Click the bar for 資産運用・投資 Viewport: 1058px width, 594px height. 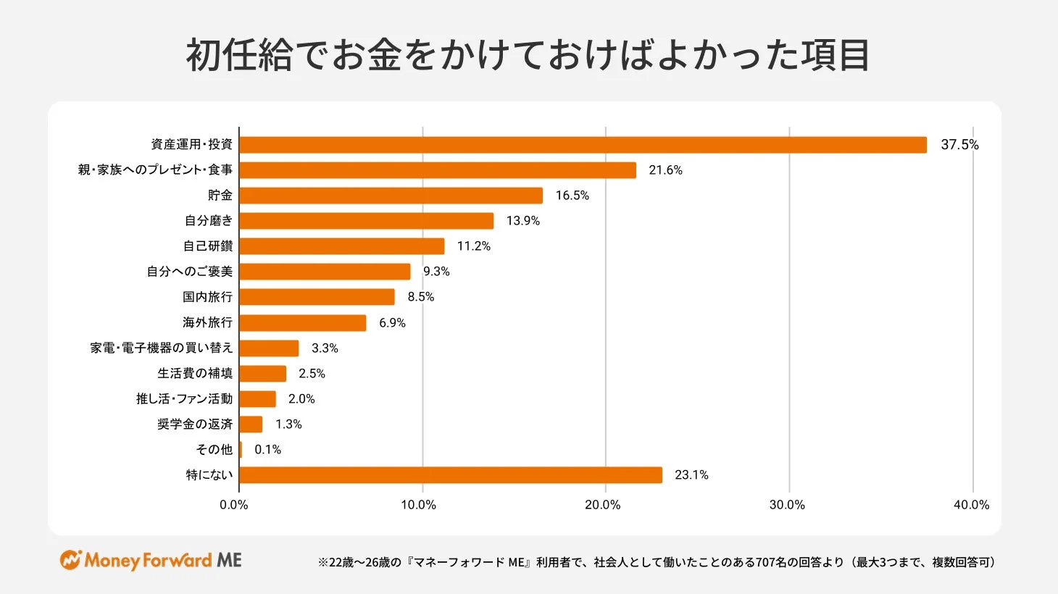pyautogui.click(x=583, y=145)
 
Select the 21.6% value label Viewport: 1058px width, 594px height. pyautogui.click(x=665, y=170)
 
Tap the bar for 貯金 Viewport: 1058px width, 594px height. pyautogui.click(x=391, y=196)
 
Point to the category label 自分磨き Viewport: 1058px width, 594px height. pyautogui.click(x=209, y=221)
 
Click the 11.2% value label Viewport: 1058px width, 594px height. pyautogui.click(x=473, y=246)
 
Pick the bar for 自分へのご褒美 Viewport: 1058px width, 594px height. pyautogui.click(x=325, y=272)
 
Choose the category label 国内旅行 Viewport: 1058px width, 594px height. pyautogui.click(x=207, y=297)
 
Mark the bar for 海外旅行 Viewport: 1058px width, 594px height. pyautogui.click(x=302, y=322)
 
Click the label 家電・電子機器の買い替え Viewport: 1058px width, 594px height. pyautogui.click(x=162, y=348)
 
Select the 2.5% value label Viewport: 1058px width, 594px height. pyautogui.click(x=312, y=374)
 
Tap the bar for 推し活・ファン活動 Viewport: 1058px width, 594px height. pyautogui.click(x=257, y=399)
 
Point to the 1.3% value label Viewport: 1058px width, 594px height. pyautogui.click(x=288, y=424)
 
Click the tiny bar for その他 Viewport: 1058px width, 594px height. pyautogui.click(x=241, y=450)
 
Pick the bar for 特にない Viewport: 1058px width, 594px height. pyautogui.click(x=450, y=475)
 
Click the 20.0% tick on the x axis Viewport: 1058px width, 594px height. pyautogui.click(x=603, y=505)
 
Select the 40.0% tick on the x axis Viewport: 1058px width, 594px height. pyautogui.click(x=971, y=505)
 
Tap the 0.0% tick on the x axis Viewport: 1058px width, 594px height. pyautogui.click(x=234, y=505)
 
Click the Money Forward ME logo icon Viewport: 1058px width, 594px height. pyautogui.click(x=70, y=560)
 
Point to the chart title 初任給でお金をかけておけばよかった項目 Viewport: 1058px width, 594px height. pyautogui.click(x=528, y=56)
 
